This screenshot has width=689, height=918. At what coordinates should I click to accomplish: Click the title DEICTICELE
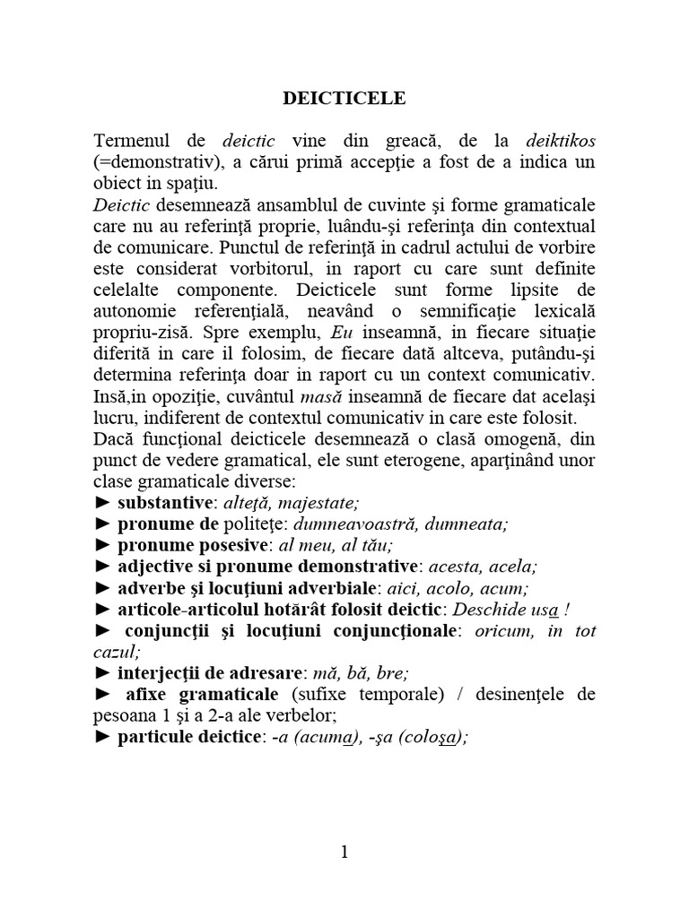(344, 99)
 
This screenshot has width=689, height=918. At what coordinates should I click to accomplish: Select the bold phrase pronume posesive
(193, 545)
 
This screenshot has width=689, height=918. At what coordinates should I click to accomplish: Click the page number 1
(344, 853)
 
